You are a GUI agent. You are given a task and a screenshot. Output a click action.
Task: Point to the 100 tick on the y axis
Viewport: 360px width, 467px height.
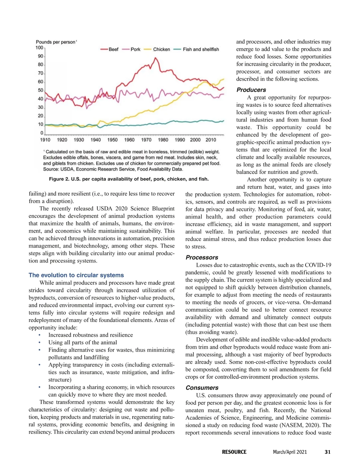pyautogui.click(x=39, y=47)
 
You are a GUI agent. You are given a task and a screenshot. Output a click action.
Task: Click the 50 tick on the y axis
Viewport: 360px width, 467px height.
pyautogui.click(x=40, y=90)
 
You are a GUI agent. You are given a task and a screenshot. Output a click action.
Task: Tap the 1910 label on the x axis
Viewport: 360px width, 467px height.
pyautogui.click(x=45, y=140)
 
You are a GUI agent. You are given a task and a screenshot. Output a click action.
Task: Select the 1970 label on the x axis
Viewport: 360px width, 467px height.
pyautogui.click(x=146, y=140)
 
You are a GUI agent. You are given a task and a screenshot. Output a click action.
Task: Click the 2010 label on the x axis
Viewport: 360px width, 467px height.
pyautogui.click(x=211, y=140)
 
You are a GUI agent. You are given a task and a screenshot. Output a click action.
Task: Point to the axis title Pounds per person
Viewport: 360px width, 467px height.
pyautogui.click(x=56, y=42)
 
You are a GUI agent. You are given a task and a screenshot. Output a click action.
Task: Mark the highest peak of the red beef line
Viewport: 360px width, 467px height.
pyautogui.click(x=155, y=58)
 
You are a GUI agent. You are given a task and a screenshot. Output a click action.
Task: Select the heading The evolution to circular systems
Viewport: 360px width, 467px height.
pyautogui.click(x=76, y=275)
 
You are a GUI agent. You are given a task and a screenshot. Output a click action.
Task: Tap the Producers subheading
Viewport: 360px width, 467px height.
pyautogui.click(x=251, y=90)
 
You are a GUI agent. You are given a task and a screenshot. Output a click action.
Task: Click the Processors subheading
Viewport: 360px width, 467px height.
pyautogui.click(x=202, y=257)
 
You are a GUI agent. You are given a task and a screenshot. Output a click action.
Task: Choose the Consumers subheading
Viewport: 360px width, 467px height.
pyautogui.click(x=202, y=388)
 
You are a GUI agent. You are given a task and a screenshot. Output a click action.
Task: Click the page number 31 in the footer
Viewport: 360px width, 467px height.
pyautogui.click(x=328, y=452)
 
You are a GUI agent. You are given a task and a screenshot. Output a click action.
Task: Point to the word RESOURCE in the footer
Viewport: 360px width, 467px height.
pyautogui.click(x=234, y=452)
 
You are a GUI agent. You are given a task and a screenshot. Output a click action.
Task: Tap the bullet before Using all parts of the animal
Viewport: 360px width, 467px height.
pyautogui.click(x=40, y=342)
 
